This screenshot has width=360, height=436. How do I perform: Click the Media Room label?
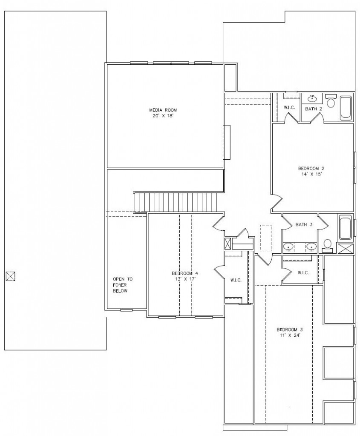pyautogui.click(x=163, y=110)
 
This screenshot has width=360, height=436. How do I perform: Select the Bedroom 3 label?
pyautogui.click(x=290, y=330)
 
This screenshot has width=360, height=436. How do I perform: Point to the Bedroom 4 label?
pyautogui.click(x=185, y=273)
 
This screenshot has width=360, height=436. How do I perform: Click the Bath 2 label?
pyautogui.click(x=314, y=109)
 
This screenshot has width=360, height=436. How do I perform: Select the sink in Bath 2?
pyautogui.click(x=312, y=98)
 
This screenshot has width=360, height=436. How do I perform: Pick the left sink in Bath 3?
pyautogui.click(x=288, y=247)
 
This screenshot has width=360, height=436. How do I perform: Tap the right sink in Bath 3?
pyautogui.click(x=311, y=247)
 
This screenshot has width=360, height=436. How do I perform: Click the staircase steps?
pyautogui.click(x=176, y=202)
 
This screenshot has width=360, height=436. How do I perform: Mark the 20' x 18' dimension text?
pyautogui.click(x=163, y=116)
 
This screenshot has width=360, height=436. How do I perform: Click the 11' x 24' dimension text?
pyautogui.click(x=290, y=336)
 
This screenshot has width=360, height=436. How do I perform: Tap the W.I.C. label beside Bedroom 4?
pyautogui.click(x=236, y=280)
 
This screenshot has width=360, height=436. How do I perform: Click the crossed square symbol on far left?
pyautogui.click(x=11, y=276)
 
